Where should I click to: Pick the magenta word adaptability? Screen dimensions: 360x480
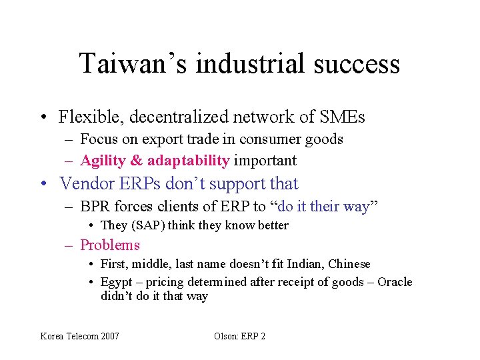(188, 161)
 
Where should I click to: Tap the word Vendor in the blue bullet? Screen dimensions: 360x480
(84, 183)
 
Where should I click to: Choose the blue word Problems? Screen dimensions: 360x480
(110, 245)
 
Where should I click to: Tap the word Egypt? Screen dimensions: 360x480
(117, 282)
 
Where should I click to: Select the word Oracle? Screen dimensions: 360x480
(395, 282)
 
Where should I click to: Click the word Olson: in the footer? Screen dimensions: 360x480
(227, 336)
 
